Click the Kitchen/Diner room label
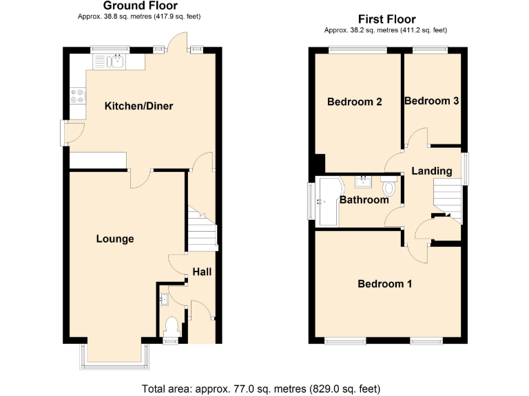[x=138, y=106]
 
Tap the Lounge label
[x=114, y=239]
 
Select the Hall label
[x=202, y=272]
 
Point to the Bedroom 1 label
[x=384, y=283]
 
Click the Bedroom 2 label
[x=355, y=102]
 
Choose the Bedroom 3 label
[x=432, y=100]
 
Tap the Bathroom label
[x=364, y=200]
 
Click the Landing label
[x=432, y=170]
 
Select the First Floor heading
[x=387, y=19]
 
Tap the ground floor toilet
[x=172, y=326]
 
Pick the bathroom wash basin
[x=363, y=182]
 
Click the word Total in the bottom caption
[x=155, y=388]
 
